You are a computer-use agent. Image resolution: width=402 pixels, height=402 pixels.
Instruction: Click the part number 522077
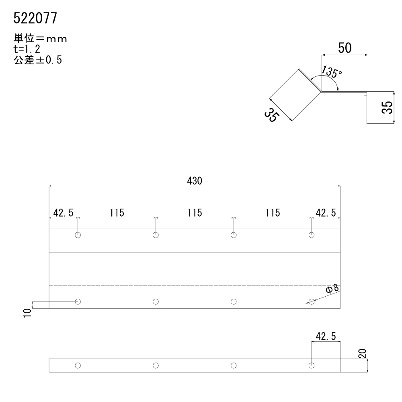pos(35,18)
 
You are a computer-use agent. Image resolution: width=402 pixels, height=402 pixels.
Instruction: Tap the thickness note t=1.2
pos(27,49)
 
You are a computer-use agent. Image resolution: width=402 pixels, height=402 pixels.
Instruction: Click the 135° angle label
pos(331,72)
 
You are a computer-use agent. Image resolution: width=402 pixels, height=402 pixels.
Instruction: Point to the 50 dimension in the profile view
pos(345,48)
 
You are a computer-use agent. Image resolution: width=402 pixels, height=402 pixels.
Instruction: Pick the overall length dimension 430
pos(195,181)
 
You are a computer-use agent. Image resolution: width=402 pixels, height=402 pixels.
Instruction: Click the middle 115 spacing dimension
pos(195,213)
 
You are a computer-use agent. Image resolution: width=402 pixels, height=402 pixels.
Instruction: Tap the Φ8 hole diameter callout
pos(332,289)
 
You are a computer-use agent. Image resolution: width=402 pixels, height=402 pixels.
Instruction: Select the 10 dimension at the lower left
pos(27,313)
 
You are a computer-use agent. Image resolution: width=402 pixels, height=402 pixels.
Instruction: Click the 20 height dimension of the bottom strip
pos(363,353)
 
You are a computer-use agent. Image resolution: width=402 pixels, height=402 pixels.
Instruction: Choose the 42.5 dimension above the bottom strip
pos(326,336)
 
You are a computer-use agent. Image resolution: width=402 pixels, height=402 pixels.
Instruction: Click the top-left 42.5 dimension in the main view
pos(64,213)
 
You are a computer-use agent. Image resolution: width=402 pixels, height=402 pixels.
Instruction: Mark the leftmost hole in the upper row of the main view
pos(78,235)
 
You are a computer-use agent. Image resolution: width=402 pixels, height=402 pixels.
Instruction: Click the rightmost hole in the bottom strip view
pos(312,365)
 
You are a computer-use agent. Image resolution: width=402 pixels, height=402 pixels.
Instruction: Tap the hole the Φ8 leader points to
pos(312,301)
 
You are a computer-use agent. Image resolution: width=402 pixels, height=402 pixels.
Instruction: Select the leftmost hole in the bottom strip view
pos(78,365)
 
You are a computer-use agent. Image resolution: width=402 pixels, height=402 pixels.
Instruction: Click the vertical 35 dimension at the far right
pos(388,107)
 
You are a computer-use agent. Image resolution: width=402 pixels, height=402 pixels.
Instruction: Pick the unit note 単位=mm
pos(40,39)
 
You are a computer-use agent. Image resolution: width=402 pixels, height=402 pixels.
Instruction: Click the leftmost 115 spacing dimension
pos(117,213)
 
